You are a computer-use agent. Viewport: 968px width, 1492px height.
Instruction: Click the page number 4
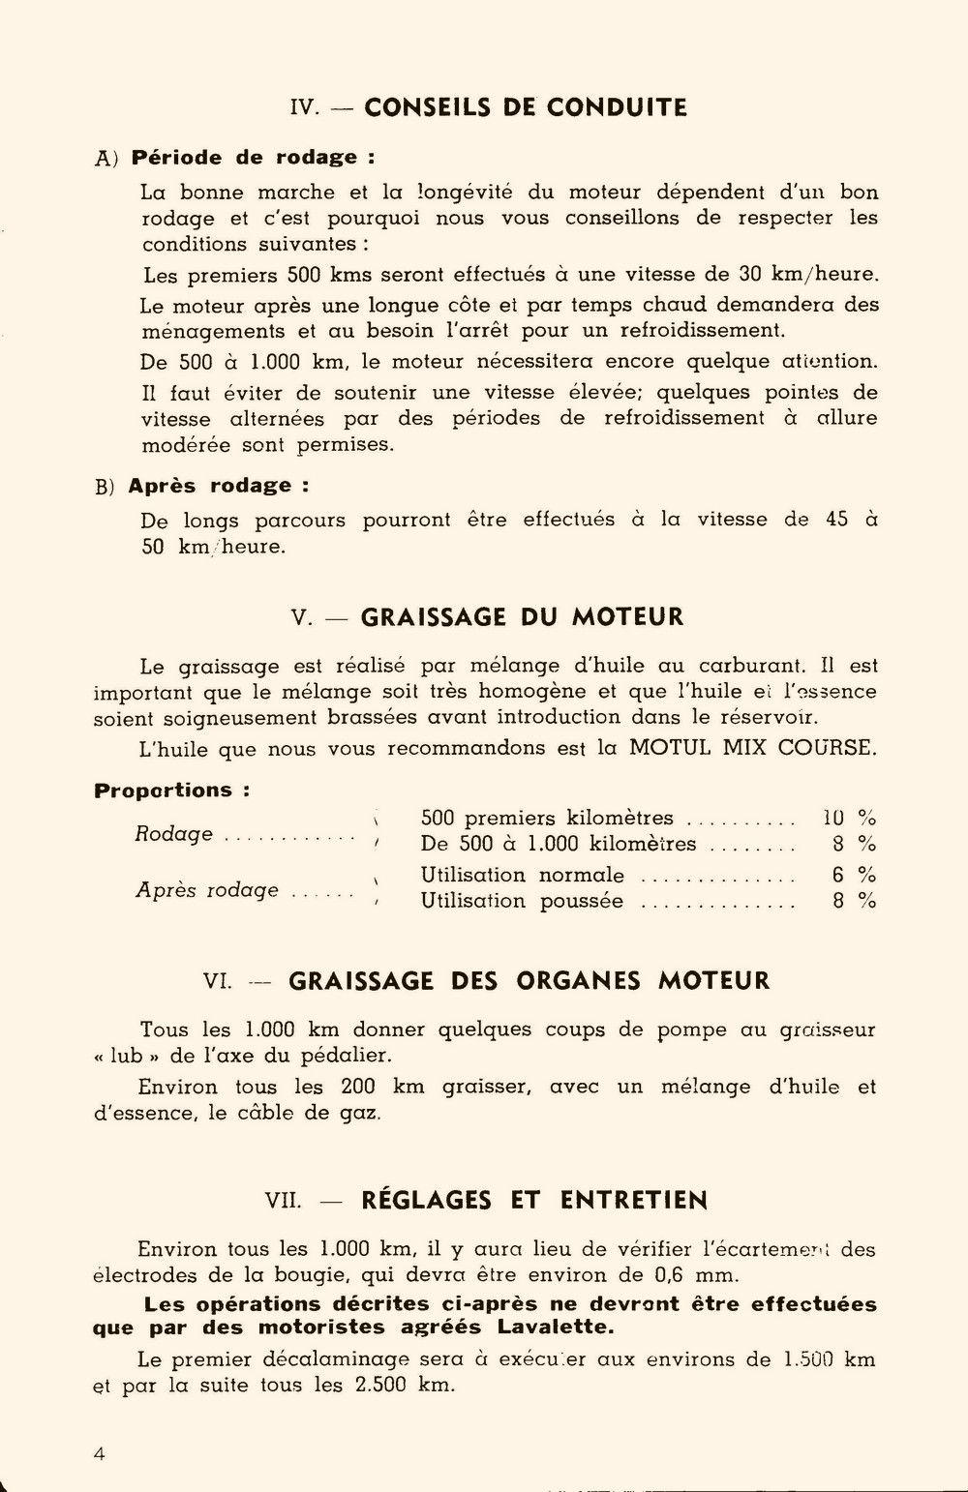pyautogui.click(x=100, y=1454)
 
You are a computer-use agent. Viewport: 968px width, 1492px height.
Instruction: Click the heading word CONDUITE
pyautogui.click(x=617, y=107)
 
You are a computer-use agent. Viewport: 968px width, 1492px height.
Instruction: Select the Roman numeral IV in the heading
pyautogui.click(x=304, y=108)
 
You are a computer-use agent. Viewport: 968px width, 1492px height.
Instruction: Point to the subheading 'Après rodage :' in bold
pyautogui.click(x=219, y=486)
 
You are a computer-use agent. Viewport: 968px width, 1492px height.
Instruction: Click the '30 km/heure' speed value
pyautogui.click(x=808, y=275)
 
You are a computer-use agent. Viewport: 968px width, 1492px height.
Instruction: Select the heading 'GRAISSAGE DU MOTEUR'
pyautogui.click(x=522, y=617)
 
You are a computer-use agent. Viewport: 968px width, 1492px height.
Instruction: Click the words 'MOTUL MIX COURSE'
pyautogui.click(x=752, y=748)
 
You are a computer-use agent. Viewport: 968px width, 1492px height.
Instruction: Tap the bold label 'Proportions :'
pyautogui.click(x=171, y=791)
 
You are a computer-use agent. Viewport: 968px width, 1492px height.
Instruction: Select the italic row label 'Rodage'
pyautogui.click(x=173, y=834)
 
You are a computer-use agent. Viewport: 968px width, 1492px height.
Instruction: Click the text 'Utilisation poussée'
pyautogui.click(x=522, y=902)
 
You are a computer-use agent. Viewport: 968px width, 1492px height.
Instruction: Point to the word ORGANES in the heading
pyautogui.click(x=578, y=981)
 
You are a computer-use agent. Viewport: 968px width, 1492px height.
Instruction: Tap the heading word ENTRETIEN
pyautogui.click(x=633, y=1201)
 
